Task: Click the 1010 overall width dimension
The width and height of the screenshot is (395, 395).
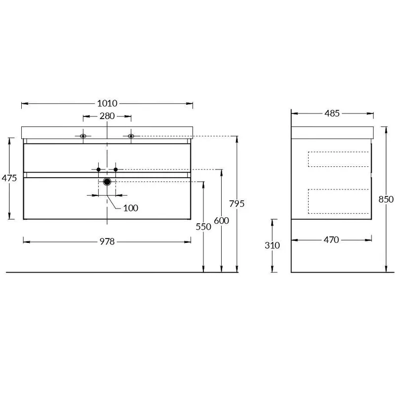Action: click(107, 103)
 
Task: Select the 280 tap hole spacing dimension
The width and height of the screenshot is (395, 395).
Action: click(107, 116)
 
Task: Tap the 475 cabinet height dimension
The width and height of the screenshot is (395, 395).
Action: click(9, 178)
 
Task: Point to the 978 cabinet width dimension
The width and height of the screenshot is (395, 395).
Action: click(107, 241)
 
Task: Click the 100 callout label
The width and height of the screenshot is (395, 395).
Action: click(131, 208)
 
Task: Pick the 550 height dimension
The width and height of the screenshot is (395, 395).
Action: click(203, 227)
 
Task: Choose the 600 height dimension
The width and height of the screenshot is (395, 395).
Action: click(221, 221)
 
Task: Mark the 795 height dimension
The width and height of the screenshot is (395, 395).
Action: click(237, 203)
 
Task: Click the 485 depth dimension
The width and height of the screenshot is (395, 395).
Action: click(332, 114)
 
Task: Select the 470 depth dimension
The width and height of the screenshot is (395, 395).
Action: click(331, 240)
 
